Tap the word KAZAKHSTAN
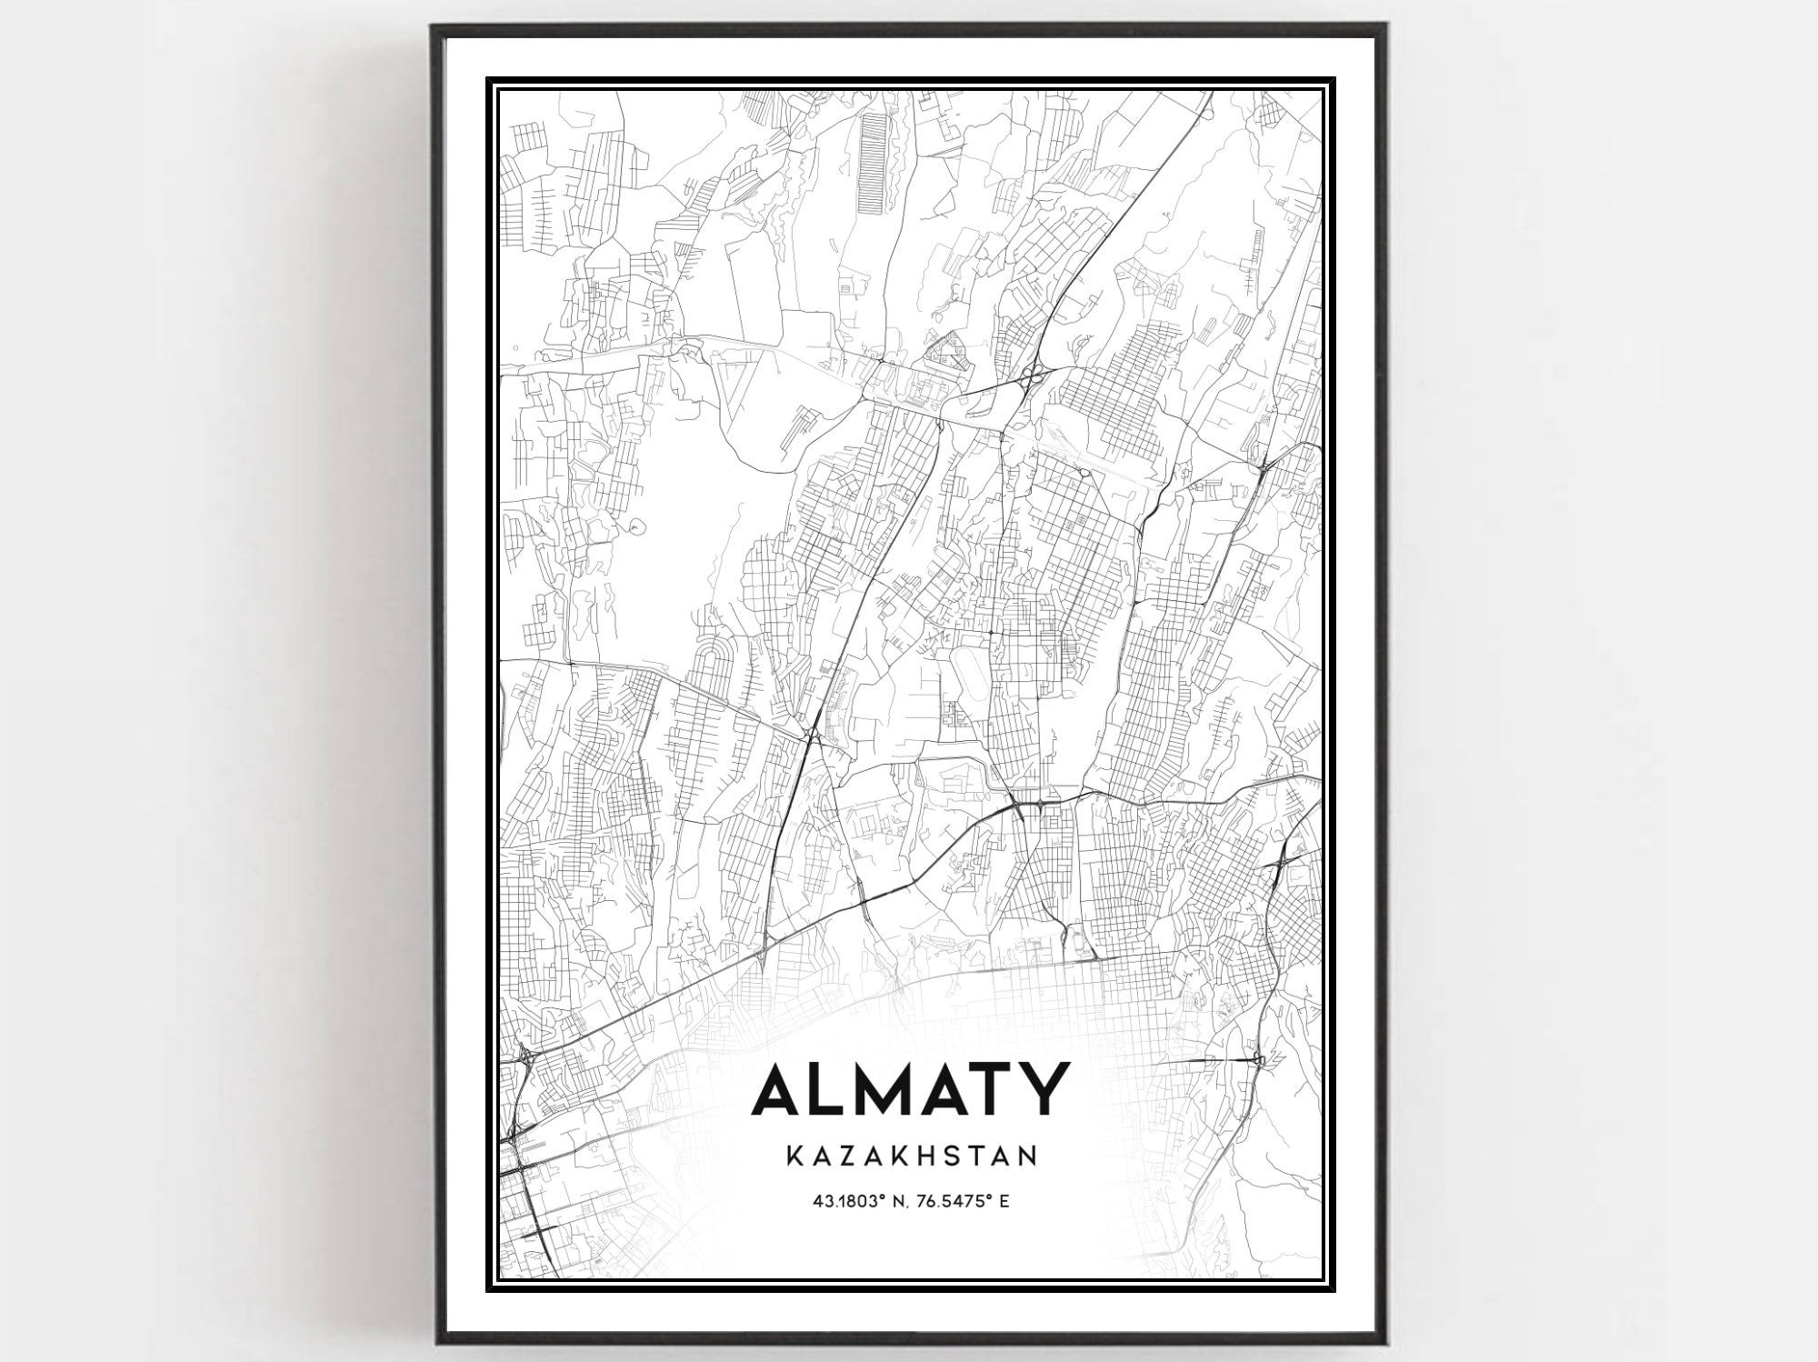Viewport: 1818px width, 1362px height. pyautogui.click(x=910, y=1156)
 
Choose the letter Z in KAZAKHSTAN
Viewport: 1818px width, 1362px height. pyautogui.click(x=842, y=1156)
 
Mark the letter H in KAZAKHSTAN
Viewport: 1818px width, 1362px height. pyautogui.click(x=927, y=1156)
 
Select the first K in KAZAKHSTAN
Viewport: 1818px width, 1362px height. pyautogui.click(x=791, y=1156)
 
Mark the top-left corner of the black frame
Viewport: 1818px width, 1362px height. pyautogui.click(x=434, y=27)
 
